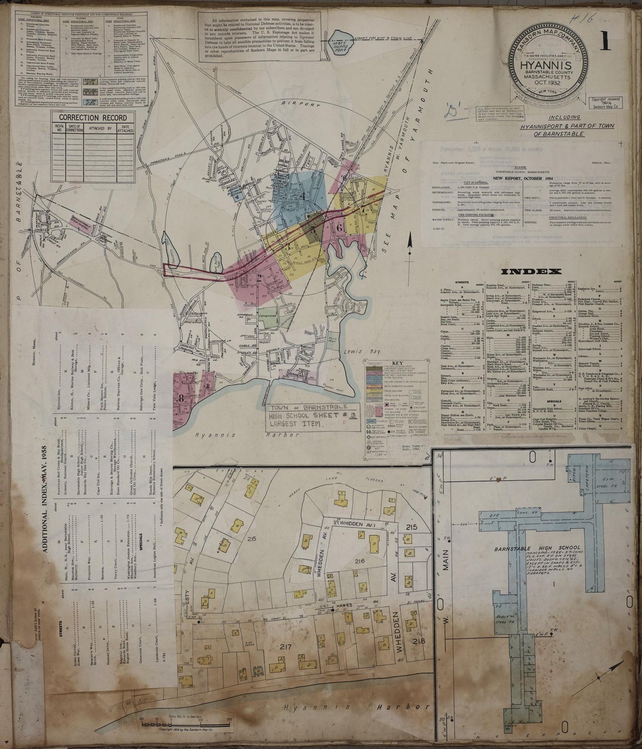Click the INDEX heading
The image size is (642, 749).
[x=531, y=271]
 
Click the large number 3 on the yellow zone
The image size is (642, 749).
[x=287, y=247]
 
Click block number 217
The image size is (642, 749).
[x=285, y=646]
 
